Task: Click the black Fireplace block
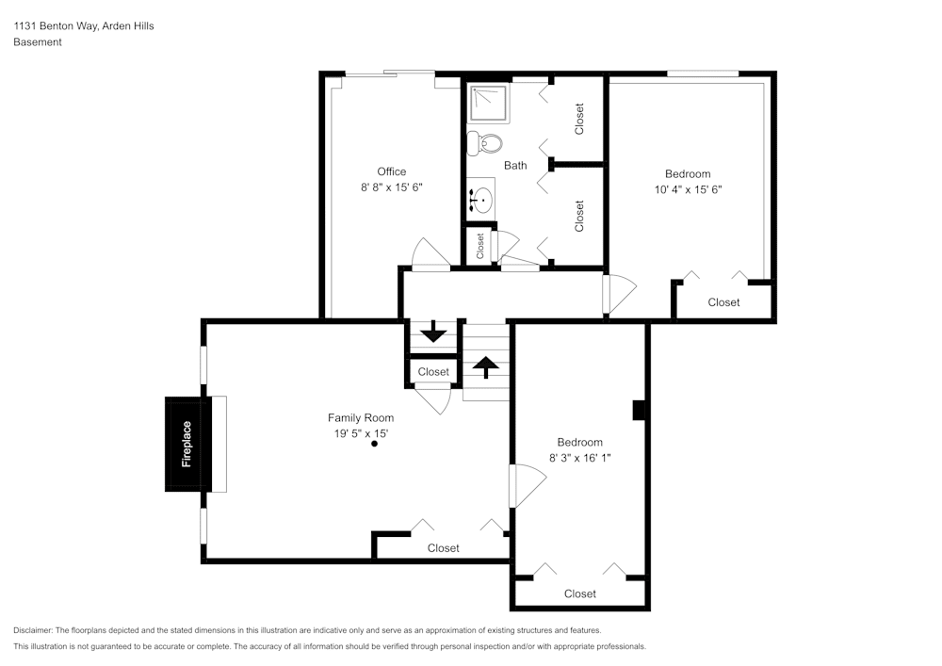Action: (x=187, y=444)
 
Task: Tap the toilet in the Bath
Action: (x=486, y=142)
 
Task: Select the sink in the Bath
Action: (x=482, y=199)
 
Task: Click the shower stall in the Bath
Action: (x=489, y=104)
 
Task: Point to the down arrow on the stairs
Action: (x=433, y=333)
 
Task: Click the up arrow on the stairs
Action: (x=486, y=366)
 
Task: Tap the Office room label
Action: (x=392, y=171)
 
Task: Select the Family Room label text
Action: (x=361, y=417)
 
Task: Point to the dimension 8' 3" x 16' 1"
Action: (x=579, y=458)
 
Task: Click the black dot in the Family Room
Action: (x=374, y=444)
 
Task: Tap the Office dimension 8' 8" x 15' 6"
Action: (x=392, y=187)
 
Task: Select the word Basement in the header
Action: (x=38, y=42)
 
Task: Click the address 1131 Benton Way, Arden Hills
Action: (x=84, y=26)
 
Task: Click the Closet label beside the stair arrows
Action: (x=433, y=372)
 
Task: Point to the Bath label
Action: (x=515, y=166)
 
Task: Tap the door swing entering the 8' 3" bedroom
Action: (x=526, y=486)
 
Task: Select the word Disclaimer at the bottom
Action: (x=33, y=630)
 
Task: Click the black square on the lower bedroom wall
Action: (x=638, y=410)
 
